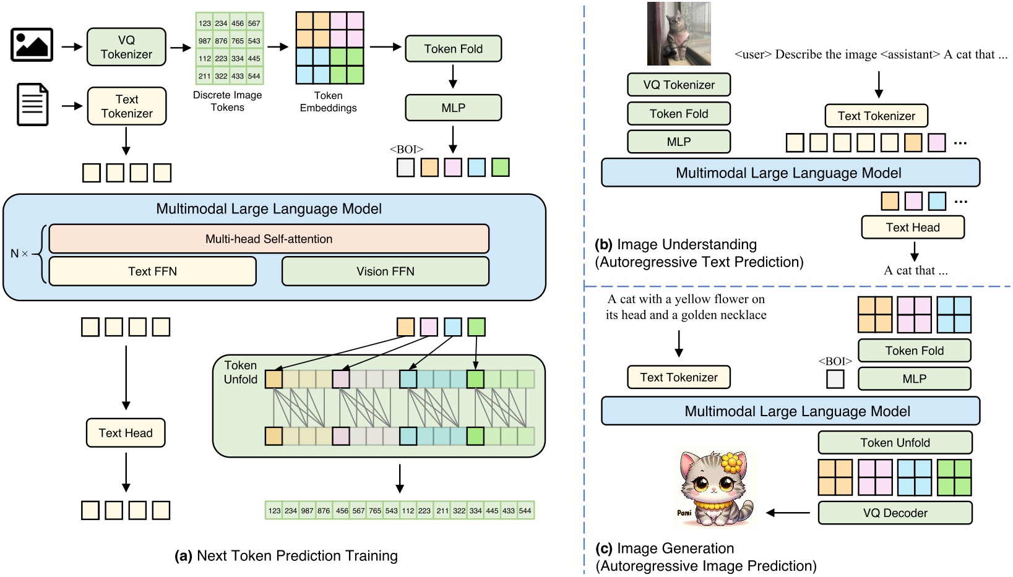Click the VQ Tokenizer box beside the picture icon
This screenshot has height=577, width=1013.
[x=126, y=47]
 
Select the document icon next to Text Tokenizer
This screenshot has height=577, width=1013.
[x=32, y=105]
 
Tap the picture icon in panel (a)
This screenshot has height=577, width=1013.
[x=32, y=45]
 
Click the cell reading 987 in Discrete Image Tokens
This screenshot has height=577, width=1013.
[x=205, y=41]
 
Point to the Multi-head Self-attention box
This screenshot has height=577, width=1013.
[x=269, y=239]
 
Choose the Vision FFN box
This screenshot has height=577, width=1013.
[x=385, y=271]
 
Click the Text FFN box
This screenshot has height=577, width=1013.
[x=152, y=271]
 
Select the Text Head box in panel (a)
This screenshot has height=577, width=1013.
[x=126, y=433]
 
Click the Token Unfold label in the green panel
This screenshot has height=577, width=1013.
[x=240, y=372]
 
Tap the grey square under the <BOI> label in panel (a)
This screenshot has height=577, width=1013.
[x=405, y=168]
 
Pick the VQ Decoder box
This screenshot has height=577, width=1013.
[x=895, y=513]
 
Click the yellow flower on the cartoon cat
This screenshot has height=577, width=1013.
[x=731, y=461]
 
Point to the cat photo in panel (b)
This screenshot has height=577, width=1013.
[x=679, y=34]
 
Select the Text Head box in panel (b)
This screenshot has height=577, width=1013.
[x=912, y=227]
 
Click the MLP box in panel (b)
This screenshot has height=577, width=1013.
[x=679, y=142]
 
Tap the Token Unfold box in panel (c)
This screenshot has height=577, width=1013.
[x=895, y=443]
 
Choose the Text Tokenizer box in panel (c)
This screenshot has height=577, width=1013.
[x=679, y=377]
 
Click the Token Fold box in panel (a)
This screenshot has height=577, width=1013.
[x=453, y=49]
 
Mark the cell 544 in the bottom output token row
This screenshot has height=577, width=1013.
[x=525, y=511]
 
